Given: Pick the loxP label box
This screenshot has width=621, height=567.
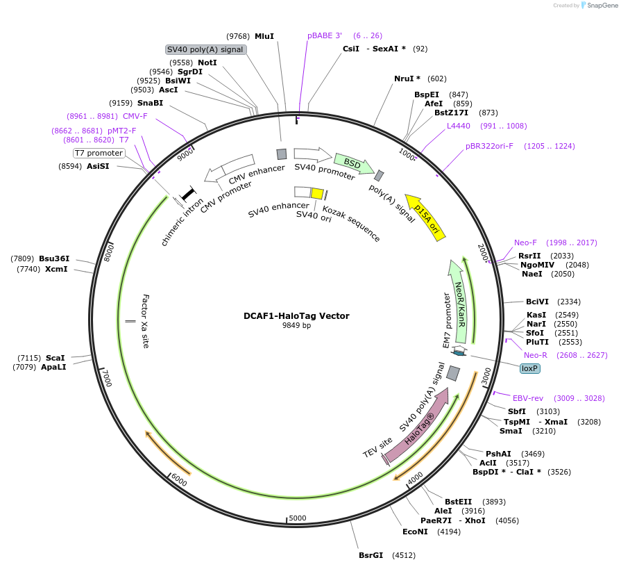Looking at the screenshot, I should coord(530,368).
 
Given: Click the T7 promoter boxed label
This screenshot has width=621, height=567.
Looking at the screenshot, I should coord(99,153).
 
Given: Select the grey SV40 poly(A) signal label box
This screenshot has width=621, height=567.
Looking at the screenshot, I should coord(205,49).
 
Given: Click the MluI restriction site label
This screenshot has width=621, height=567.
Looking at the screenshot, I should coord(264,36).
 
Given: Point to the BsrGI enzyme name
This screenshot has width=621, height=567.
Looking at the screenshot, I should coord(371,555).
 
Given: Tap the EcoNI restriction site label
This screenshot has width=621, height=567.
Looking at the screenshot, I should coord(416,532).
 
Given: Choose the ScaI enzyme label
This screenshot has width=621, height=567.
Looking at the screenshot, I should coord(56,357).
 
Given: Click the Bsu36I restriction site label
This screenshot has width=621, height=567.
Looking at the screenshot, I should coord(54,258).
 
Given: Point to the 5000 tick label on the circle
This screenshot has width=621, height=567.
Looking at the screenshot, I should coord(298,518).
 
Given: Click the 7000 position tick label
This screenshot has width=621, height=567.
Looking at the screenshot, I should coord(106,378).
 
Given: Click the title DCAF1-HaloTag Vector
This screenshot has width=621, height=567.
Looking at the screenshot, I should coord(296,315).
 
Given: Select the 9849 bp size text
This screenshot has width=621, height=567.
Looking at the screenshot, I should coord(296,325).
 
